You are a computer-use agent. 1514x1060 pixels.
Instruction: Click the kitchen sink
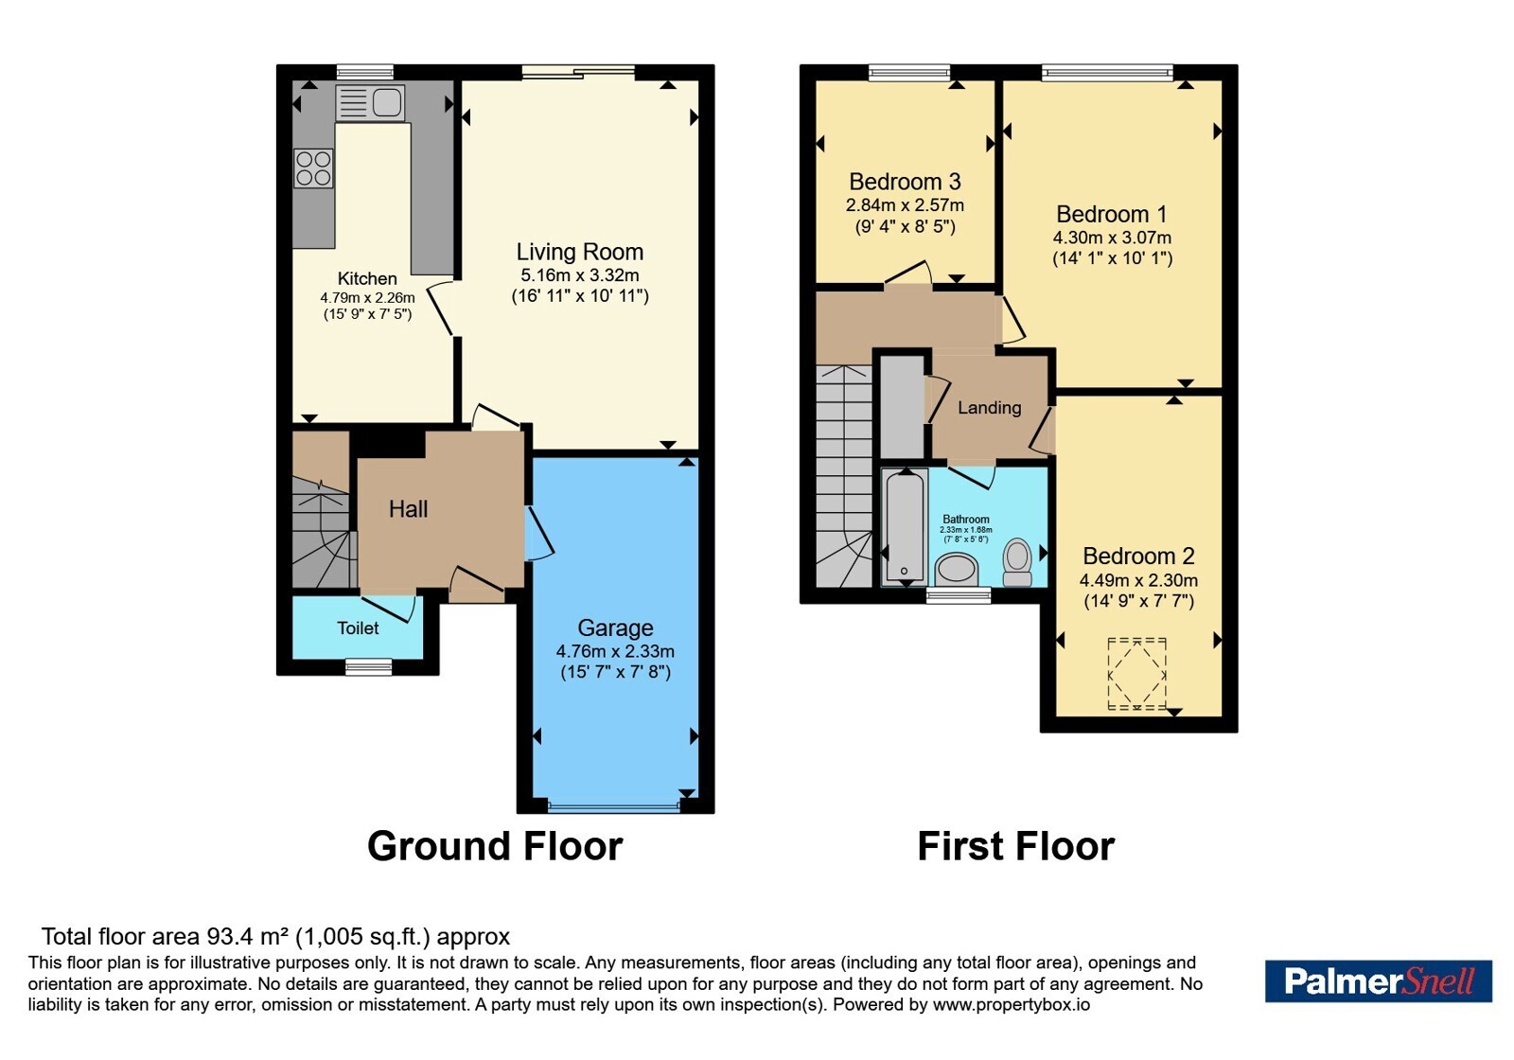coord(370,103)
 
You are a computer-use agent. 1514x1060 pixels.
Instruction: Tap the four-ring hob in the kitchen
coord(313,168)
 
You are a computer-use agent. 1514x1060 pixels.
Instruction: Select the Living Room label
coord(580,252)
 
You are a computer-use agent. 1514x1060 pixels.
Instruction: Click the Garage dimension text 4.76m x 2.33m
coord(615,652)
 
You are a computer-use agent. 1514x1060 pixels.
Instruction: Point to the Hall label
coord(408,509)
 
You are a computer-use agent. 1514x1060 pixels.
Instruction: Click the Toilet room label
coord(359,628)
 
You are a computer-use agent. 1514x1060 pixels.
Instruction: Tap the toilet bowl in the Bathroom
coord(1017,562)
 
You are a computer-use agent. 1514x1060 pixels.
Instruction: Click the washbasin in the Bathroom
coord(957,569)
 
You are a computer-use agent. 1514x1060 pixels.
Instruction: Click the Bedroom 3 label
coord(905,182)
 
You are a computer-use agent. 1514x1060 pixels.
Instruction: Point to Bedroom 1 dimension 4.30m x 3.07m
coord(1112,238)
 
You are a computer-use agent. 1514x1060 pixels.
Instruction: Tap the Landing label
coord(990,408)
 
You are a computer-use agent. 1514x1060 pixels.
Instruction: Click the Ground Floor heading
coord(495,846)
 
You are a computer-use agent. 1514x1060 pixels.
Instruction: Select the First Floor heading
coord(1016,846)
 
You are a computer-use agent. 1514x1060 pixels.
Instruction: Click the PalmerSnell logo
coord(1379,980)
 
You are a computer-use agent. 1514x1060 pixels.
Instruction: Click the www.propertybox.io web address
coord(1012,1004)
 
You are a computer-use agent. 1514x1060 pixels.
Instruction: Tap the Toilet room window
coord(368,666)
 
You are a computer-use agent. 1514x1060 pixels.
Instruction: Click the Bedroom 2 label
coord(1139,556)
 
